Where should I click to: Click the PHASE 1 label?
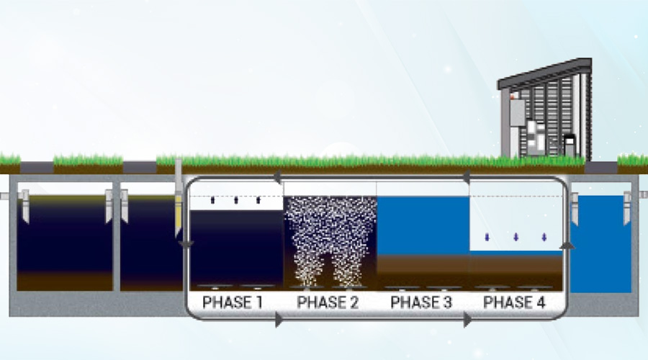tap(233, 302)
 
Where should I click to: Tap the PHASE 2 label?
tap(328, 302)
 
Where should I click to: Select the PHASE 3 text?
tap(421, 302)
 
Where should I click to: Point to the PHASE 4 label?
tap(515, 302)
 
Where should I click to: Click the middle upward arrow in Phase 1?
tap(236, 200)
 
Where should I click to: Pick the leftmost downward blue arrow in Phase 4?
tap(487, 238)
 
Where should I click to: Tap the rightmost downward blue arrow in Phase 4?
tap(544, 238)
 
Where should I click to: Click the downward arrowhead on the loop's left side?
tap(186, 245)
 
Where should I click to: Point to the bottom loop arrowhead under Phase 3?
tap(467, 320)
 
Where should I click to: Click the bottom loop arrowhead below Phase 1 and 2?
tap(279, 320)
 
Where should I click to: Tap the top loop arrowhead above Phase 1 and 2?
tap(278, 178)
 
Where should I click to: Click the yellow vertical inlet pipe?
tap(178, 199)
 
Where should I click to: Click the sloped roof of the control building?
tap(545, 73)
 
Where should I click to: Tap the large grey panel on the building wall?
tap(517, 112)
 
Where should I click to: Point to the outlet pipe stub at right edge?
tap(643, 194)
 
